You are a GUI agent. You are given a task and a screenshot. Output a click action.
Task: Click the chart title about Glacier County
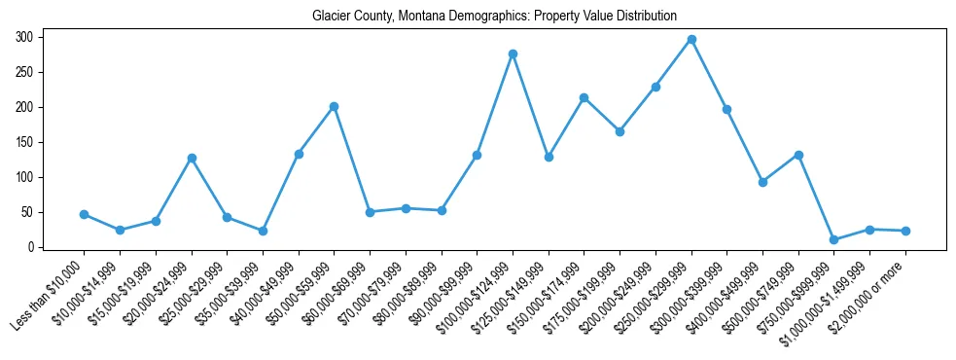click(x=494, y=17)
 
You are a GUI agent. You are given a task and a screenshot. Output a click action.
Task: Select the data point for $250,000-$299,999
click(x=691, y=39)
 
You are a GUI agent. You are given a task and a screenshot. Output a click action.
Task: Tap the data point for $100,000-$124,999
click(x=513, y=54)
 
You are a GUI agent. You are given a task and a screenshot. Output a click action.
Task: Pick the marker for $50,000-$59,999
click(x=334, y=106)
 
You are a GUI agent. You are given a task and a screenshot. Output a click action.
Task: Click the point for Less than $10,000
click(x=84, y=214)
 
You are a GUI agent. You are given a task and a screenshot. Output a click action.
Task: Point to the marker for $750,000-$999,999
click(x=833, y=239)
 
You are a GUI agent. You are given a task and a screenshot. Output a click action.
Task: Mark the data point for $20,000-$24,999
click(x=192, y=158)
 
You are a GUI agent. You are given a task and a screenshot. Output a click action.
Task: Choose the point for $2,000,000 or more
click(x=905, y=231)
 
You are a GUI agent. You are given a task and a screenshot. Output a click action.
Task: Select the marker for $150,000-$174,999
click(x=584, y=97)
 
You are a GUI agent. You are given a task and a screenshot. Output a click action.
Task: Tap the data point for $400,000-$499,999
click(x=762, y=182)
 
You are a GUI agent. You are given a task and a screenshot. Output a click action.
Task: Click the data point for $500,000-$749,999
click(x=798, y=155)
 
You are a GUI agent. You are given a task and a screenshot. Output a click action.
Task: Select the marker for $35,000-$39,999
click(x=263, y=231)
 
